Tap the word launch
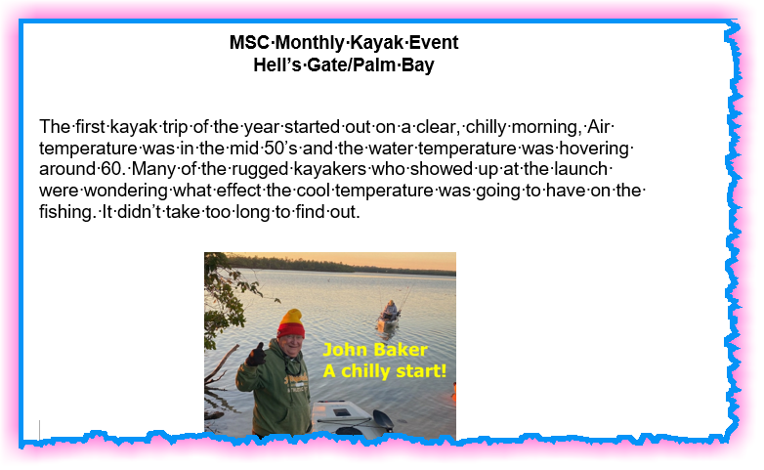[x=582, y=169]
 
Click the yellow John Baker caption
[x=375, y=350]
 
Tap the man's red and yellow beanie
[x=291, y=323]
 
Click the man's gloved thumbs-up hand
[x=256, y=355]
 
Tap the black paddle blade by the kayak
[x=383, y=419]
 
